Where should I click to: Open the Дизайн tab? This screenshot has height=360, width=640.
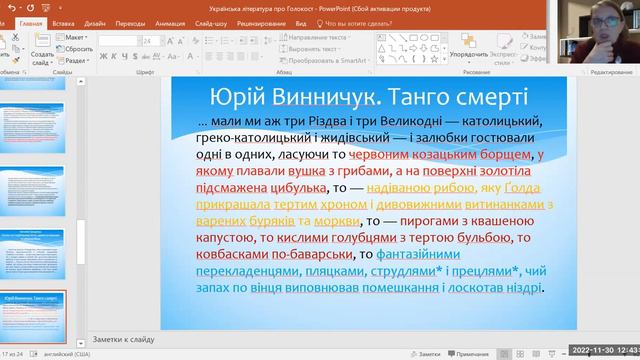click(95, 21)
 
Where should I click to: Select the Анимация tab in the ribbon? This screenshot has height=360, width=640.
click(169, 21)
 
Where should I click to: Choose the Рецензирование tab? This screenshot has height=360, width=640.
click(262, 21)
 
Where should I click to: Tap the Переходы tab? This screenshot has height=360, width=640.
click(130, 21)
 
